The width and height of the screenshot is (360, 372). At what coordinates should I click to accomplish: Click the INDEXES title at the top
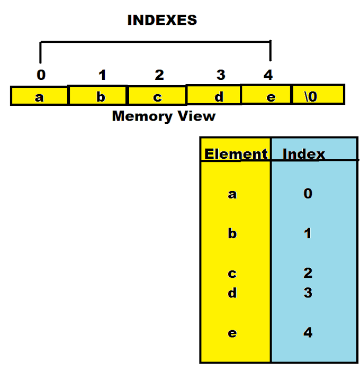[x=162, y=21]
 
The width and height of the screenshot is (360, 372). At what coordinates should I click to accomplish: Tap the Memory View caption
[x=164, y=116]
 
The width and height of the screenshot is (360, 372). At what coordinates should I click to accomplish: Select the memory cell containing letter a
[x=39, y=96]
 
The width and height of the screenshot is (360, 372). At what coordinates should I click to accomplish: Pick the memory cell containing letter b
[x=98, y=96]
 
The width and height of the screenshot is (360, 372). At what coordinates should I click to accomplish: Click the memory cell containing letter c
[x=157, y=96]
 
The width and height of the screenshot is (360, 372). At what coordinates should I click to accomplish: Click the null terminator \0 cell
[x=318, y=95]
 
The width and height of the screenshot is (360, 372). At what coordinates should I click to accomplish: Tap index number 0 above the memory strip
[x=41, y=75]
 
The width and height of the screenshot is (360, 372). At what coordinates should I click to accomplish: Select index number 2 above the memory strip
[x=159, y=75]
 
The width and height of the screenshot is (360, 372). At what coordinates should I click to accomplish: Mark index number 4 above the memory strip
[x=268, y=75]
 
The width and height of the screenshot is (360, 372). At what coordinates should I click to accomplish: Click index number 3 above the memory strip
[x=221, y=75]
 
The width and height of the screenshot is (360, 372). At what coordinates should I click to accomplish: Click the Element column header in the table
[x=236, y=154]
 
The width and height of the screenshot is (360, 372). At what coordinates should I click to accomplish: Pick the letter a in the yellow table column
[x=232, y=194]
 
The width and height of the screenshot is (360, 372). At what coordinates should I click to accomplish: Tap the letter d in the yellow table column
[x=232, y=293]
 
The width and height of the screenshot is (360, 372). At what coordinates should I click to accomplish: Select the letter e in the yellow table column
[x=232, y=333]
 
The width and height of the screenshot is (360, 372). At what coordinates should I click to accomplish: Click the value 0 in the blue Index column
[x=308, y=194]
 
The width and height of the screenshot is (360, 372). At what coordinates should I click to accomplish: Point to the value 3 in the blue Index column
[x=308, y=293]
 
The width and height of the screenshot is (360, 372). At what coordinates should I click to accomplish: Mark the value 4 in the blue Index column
[x=308, y=333]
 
